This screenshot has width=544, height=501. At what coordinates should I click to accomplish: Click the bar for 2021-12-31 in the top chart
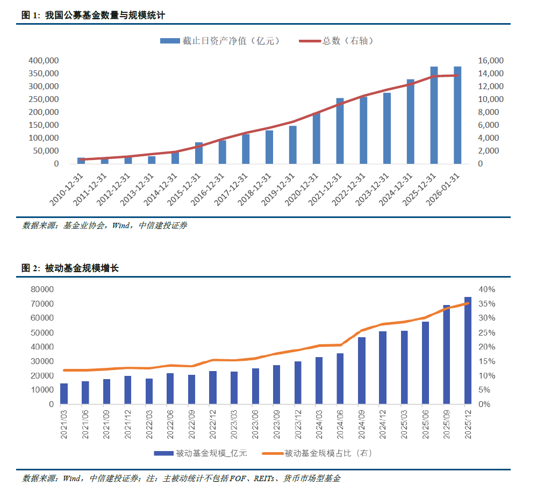pyautogui.click(x=340, y=131)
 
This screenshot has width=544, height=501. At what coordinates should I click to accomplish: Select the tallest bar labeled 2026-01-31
pyautogui.click(x=457, y=115)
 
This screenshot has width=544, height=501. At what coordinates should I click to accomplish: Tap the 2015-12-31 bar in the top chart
pyautogui.click(x=199, y=153)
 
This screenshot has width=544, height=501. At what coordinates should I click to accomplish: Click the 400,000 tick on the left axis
pyautogui.click(x=43, y=61)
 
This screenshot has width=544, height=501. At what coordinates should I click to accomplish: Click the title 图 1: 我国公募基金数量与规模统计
pyautogui.click(x=92, y=16)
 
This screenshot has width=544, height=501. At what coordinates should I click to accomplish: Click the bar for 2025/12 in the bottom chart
pyautogui.click(x=468, y=350)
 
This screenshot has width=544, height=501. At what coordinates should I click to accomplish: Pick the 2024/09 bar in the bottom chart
pyautogui.click(x=362, y=371)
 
